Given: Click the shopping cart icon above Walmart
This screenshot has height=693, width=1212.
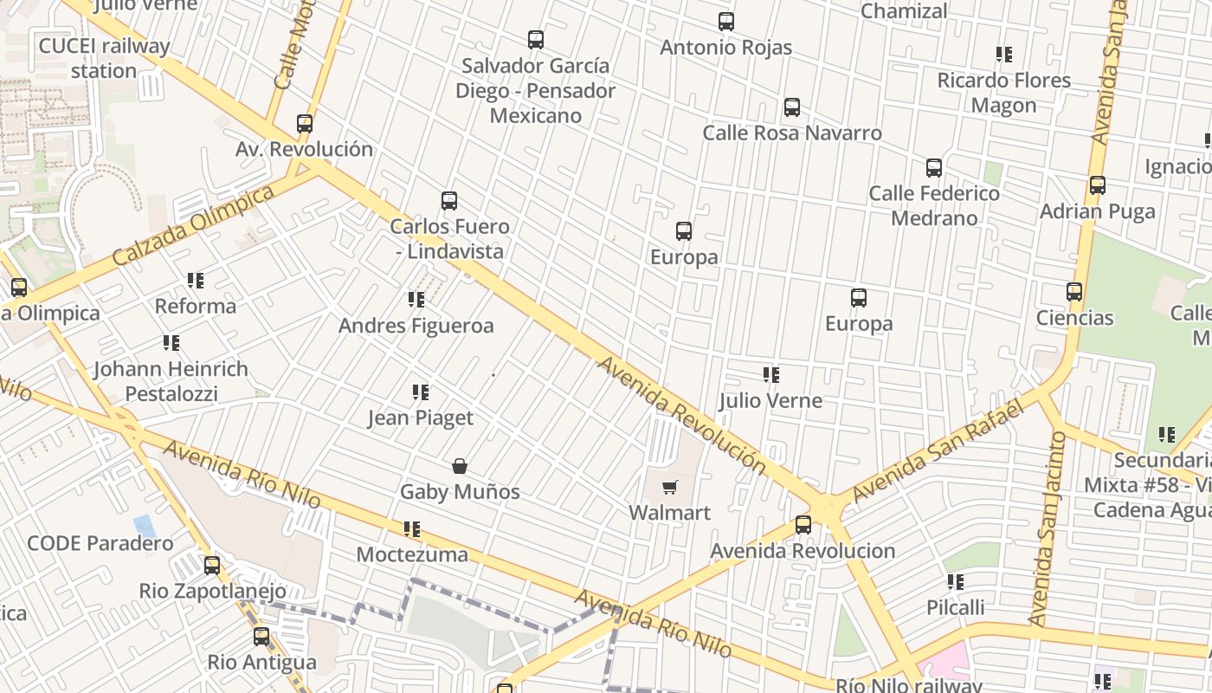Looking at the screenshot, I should [669, 488].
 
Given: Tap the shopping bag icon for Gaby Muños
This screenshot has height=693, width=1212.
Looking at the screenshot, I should [460, 467].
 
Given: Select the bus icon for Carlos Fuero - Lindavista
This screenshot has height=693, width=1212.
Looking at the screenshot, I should [448, 201].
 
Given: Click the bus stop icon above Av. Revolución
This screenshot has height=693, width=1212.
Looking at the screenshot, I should [304, 124].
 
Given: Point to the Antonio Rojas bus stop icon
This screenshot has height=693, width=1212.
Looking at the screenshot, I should [725, 22].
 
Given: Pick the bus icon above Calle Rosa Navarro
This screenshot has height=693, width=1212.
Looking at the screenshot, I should [791, 107].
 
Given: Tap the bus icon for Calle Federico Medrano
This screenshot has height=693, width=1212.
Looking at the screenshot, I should [933, 168].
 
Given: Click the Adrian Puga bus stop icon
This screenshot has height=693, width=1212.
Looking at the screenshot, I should [1097, 185].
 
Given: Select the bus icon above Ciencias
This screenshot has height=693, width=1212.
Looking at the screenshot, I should [1074, 292].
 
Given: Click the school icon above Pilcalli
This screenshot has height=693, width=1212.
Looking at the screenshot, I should [955, 582].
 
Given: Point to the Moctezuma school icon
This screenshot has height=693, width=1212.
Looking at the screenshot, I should [412, 528].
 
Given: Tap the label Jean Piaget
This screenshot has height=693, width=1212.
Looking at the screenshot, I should [421, 418].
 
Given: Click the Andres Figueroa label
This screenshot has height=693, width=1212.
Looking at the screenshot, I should [416, 326].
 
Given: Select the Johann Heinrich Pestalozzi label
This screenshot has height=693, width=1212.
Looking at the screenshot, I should [171, 381].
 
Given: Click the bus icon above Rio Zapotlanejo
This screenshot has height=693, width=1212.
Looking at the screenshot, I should [212, 566].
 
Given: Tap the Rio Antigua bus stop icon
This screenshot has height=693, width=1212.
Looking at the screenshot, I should [261, 638].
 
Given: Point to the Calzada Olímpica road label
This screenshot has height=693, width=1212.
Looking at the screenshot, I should [193, 227].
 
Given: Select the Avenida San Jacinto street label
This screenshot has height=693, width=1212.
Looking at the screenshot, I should [1048, 528].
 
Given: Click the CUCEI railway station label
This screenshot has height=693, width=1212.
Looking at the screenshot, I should [104, 58].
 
